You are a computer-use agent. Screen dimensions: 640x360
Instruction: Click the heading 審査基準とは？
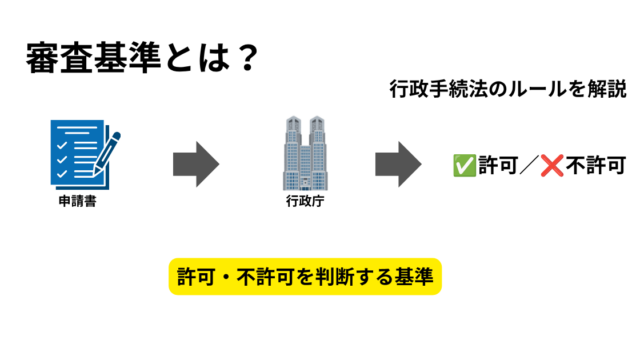click(x=142, y=58)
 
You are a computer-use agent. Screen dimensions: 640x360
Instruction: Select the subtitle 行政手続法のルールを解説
click(x=508, y=89)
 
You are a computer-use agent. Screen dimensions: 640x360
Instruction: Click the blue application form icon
click(x=85, y=154)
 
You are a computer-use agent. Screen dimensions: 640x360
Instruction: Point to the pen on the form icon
click(x=107, y=152)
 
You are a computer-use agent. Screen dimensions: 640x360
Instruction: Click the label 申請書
click(x=78, y=201)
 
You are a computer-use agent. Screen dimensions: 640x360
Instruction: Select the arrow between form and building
click(x=196, y=164)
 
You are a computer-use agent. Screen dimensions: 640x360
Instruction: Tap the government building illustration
click(x=305, y=153)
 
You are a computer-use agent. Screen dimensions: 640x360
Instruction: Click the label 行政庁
click(x=305, y=201)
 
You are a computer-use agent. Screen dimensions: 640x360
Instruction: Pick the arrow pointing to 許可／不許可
click(x=398, y=164)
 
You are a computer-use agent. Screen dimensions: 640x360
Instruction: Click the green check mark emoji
click(x=464, y=165)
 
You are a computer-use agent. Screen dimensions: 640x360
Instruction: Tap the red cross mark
click(x=552, y=165)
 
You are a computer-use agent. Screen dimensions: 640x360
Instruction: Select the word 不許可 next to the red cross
click(x=596, y=165)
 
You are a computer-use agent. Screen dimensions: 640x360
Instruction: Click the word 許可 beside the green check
click(x=498, y=165)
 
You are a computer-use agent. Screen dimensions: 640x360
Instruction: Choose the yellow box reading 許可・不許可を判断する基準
click(x=305, y=276)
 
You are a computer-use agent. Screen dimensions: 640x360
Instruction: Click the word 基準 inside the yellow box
click(x=413, y=277)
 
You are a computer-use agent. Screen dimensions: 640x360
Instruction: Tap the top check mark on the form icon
click(x=62, y=145)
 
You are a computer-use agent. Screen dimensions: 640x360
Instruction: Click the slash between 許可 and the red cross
click(x=529, y=165)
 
